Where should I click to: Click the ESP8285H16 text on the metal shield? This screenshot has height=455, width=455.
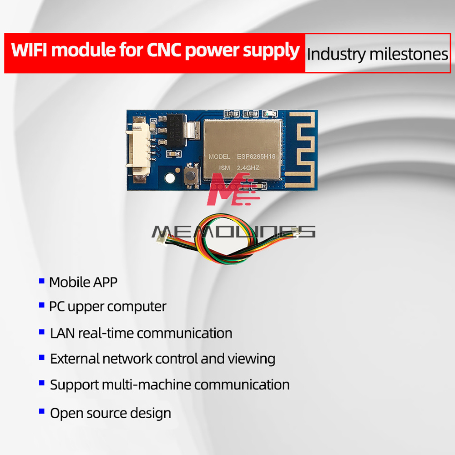[256, 157]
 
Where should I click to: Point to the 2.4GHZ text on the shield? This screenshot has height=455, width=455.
[248, 168]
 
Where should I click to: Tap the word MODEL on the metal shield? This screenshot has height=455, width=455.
[219, 157]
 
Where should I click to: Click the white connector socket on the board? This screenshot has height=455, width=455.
[139, 150]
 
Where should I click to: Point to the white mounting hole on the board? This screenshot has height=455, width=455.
[170, 177]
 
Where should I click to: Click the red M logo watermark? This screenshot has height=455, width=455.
[232, 189]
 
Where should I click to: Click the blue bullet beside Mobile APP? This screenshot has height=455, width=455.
[42, 281]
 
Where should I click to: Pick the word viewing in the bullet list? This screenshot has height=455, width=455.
[251, 359]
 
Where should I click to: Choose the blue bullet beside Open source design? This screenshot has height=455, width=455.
[42, 411]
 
